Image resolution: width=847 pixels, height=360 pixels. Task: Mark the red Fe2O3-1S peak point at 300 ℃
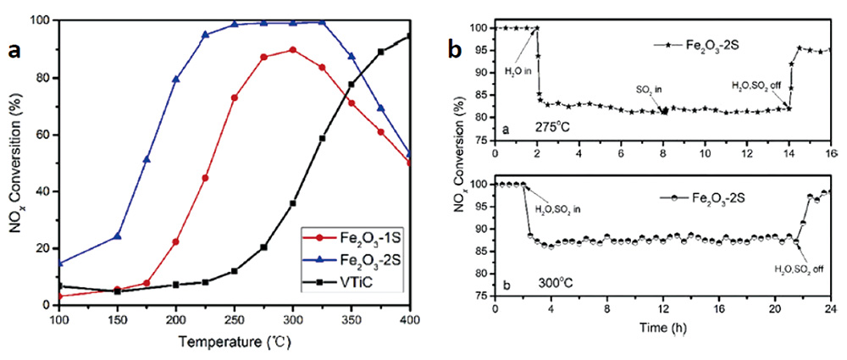click(x=293, y=50)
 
